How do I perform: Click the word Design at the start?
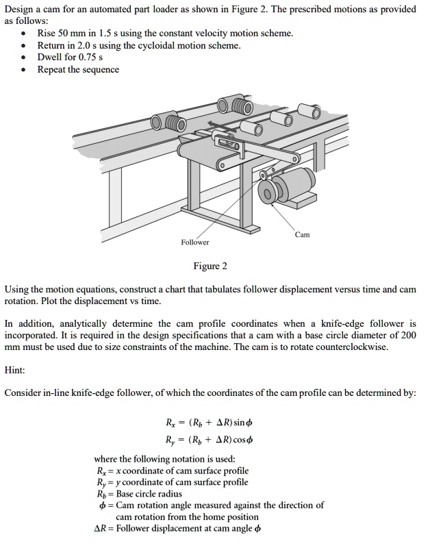18,9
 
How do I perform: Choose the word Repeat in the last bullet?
52,70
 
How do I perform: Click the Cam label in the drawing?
303,234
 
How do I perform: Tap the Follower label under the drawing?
195,242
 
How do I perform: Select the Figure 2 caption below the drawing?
210,266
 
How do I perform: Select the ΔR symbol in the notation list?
100,528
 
